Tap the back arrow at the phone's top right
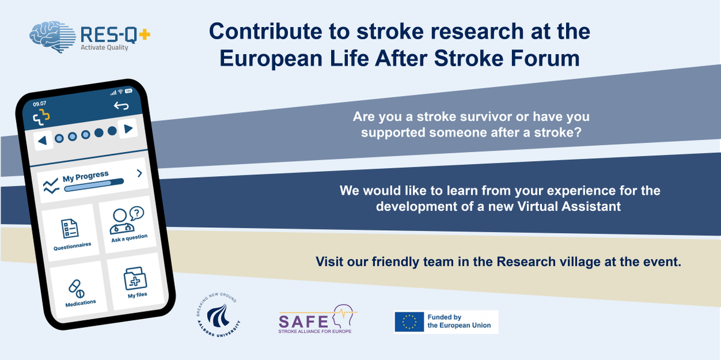click(x=121, y=106)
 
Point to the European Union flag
click(x=409, y=322)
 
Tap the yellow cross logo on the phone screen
click(x=41, y=118)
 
